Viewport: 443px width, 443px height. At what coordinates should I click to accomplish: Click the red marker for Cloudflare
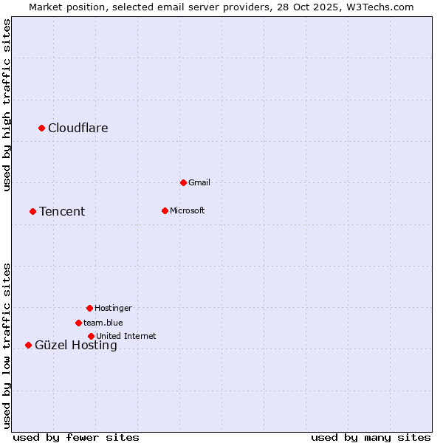[42, 128]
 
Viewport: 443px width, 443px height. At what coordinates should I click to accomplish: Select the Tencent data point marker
[32, 211]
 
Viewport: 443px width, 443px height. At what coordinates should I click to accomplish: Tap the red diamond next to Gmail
[183, 182]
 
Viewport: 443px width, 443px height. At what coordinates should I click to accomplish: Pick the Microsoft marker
[165, 210]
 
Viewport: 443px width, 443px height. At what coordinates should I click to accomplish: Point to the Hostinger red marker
[89, 308]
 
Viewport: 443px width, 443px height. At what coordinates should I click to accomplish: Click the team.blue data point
[78, 323]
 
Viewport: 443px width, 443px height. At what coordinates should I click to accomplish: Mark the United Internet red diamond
[91, 336]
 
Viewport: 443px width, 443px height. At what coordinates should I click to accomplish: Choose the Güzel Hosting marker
[28, 345]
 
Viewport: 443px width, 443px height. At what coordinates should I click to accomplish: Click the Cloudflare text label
[78, 128]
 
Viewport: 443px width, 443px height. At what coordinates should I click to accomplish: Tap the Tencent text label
[62, 211]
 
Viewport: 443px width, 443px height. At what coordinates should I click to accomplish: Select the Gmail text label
[199, 182]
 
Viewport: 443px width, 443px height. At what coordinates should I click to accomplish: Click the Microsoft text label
[188, 210]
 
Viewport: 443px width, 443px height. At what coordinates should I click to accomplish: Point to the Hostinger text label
[113, 308]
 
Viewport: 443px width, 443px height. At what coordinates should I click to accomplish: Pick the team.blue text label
[103, 323]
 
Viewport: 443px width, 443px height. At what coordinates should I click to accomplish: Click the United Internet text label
[126, 336]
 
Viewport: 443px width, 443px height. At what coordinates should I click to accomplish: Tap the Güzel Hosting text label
[76, 345]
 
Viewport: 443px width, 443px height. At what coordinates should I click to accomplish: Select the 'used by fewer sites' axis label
[76, 437]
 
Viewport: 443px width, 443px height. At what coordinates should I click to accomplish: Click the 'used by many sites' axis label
[371, 437]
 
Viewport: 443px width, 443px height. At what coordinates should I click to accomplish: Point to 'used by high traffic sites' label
[7, 105]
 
